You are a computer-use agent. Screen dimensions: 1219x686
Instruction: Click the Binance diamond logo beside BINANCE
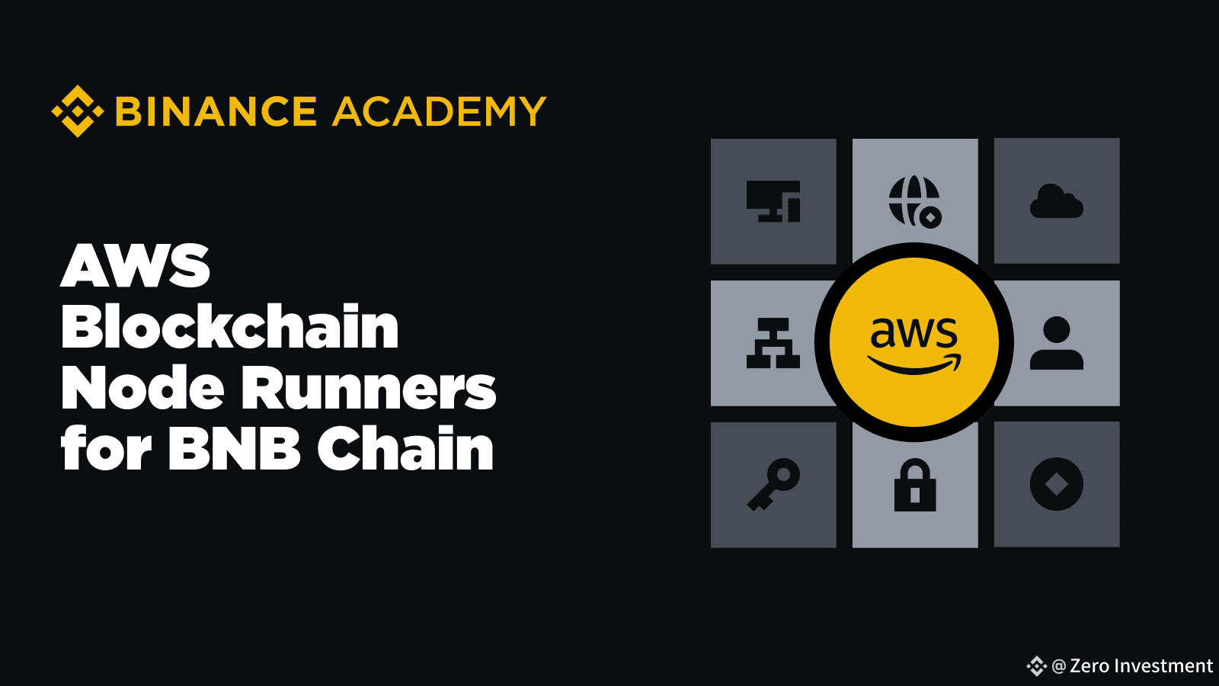(78, 111)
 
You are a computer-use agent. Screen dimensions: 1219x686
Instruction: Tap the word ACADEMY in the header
(439, 111)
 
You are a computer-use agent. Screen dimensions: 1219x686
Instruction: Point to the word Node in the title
(142, 387)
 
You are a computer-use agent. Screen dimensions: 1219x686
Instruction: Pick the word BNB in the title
(234, 449)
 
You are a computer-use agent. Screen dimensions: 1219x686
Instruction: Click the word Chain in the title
(405, 447)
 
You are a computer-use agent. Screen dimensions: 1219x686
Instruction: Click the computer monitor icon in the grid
(773, 201)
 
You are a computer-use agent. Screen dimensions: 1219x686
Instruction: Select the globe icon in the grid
(915, 201)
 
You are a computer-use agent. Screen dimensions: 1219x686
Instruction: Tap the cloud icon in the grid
(1056, 201)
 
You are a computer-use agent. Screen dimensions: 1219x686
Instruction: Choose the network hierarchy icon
(773, 343)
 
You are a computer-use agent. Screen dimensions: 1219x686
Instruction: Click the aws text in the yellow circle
(914, 332)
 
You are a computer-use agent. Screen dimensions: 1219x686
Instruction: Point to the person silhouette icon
(1056, 343)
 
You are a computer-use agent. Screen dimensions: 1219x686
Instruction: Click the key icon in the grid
(773, 485)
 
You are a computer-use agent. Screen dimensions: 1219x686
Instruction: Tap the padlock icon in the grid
(915, 485)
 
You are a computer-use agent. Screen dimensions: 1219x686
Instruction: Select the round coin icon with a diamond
(1056, 485)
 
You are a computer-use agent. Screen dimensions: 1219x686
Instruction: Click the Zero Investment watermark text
(1141, 666)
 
